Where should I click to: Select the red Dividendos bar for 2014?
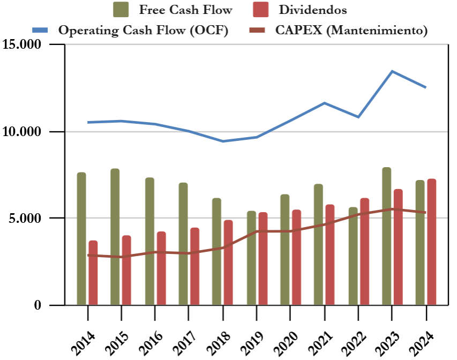(93, 273)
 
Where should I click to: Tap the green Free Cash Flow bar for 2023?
(387, 236)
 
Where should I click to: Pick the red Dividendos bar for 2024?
(431, 242)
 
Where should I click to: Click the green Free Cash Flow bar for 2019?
(251, 258)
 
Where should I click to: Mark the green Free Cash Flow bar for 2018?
(216, 251)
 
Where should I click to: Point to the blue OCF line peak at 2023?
(392, 71)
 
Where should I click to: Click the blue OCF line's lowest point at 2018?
(222, 141)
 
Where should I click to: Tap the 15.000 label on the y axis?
(23, 44)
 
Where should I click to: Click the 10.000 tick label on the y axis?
(23, 132)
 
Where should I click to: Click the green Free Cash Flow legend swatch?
(121, 10)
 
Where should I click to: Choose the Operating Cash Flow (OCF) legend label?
(143, 30)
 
